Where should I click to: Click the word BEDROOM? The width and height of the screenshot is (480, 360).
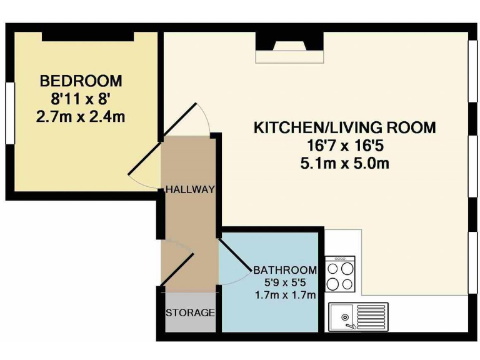81,81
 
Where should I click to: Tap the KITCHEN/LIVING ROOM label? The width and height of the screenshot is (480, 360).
344,128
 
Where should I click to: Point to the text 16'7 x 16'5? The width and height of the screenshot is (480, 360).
344,147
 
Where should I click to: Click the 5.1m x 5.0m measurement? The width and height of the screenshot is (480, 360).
344,165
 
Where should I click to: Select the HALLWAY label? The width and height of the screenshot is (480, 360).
190,189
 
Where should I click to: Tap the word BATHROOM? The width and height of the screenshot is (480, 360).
284,270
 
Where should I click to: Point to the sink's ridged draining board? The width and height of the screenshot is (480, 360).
372,316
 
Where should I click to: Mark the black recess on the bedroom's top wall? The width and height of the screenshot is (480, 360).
88,37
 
